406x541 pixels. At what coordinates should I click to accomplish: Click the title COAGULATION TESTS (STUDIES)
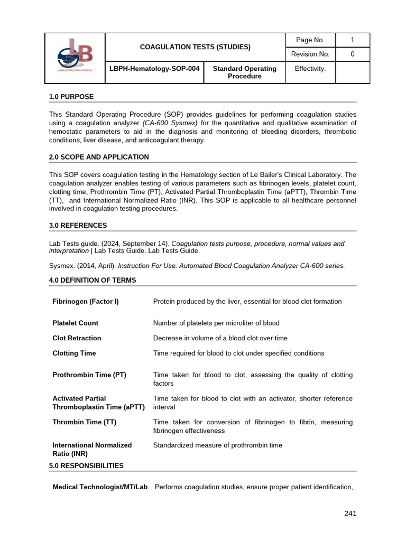coord(195,47)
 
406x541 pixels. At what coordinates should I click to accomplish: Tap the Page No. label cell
coord(310,40)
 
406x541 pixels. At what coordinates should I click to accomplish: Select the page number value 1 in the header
coord(353,40)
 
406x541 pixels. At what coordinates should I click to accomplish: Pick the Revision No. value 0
coord(353,54)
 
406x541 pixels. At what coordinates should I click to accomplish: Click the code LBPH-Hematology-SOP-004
coord(154,69)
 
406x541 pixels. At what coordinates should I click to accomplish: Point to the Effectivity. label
coord(310,69)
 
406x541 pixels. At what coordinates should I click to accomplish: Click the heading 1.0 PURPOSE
coord(71,97)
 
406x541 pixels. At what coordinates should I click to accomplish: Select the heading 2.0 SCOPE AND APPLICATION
coord(99,157)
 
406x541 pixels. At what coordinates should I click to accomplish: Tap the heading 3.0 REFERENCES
coord(78,226)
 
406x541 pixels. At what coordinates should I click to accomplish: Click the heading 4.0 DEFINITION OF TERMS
coord(93,280)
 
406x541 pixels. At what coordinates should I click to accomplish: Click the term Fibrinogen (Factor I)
coord(86,301)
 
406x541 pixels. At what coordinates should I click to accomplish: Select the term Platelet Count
coord(76,323)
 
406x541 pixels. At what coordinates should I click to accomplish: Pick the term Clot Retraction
coord(77,338)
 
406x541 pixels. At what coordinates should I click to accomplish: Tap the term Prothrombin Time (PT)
coord(89,375)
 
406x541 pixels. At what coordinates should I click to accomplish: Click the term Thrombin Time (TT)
coord(85,422)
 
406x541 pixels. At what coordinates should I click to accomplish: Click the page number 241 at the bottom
coord(350,513)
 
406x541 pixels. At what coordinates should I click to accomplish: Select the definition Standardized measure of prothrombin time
coord(218,445)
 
